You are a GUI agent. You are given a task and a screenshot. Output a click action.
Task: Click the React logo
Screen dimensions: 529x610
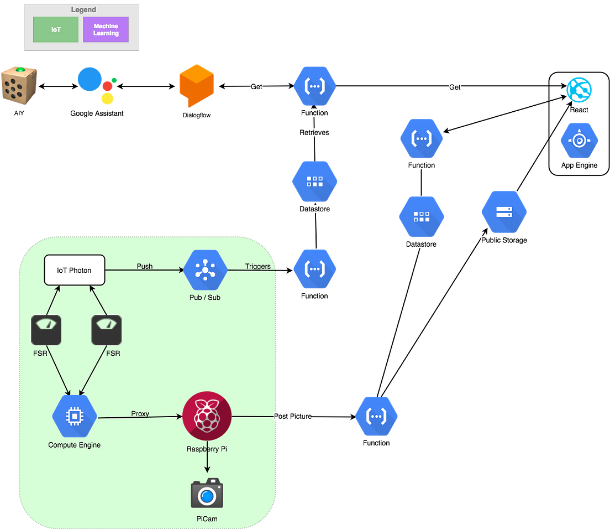tap(579, 89)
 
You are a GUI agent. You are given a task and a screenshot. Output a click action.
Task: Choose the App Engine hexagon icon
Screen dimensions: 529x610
tap(579, 141)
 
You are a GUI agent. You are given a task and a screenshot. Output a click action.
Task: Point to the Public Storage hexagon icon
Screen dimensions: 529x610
tap(504, 212)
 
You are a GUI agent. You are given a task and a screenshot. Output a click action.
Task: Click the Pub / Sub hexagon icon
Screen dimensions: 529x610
tap(206, 270)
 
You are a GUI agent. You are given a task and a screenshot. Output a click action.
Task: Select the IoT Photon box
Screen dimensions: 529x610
tap(75, 270)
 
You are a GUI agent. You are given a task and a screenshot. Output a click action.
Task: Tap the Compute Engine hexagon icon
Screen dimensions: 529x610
tap(75, 416)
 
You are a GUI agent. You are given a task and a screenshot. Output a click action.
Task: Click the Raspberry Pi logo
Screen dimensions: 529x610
tap(207, 416)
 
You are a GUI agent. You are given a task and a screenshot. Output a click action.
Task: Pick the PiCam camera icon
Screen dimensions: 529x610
tap(207, 494)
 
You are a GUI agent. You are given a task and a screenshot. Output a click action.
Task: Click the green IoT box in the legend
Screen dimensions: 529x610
tap(56, 29)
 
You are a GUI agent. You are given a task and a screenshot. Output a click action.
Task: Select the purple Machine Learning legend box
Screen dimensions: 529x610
tap(106, 29)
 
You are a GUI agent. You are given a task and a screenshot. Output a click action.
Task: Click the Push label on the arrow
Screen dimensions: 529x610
tap(145, 266)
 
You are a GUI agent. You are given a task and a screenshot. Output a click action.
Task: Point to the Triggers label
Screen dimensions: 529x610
tap(258, 266)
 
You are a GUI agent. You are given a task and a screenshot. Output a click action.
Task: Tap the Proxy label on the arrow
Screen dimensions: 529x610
tap(140, 413)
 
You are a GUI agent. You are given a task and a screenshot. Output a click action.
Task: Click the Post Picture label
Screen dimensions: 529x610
tap(293, 416)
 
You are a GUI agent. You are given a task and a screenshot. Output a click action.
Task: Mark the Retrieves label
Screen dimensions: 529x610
tap(314, 133)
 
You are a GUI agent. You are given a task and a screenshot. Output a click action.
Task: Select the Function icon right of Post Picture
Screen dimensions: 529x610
tap(376, 416)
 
